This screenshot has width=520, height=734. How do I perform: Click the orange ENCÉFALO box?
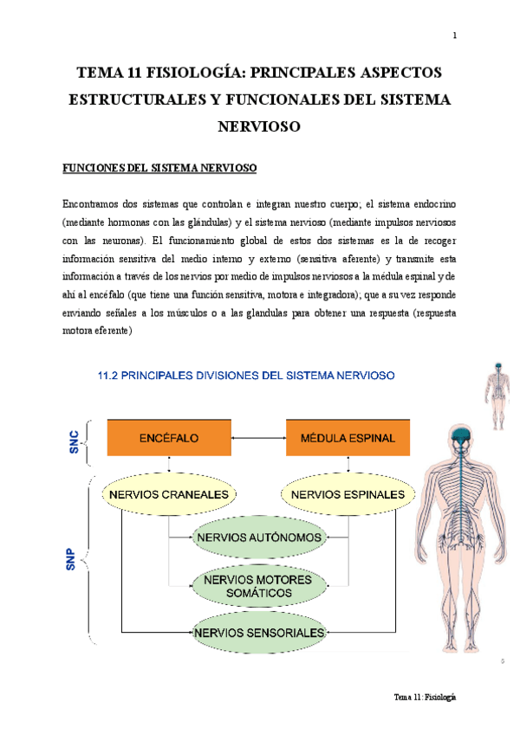[x=169, y=438]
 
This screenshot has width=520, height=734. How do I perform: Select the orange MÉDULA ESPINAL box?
[x=348, y=438]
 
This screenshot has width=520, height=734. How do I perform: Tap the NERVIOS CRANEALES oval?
[x=170, y=495]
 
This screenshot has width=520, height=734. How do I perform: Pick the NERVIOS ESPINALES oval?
[x=343, y=495]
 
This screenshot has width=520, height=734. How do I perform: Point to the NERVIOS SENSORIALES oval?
[x=259, y=633]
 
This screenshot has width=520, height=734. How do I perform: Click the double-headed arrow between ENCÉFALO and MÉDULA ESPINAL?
[x=258, y=438]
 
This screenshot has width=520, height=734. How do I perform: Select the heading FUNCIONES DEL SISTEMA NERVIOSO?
[x=159, y=166]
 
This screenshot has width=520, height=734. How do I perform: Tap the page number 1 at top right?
[x=455, y=35]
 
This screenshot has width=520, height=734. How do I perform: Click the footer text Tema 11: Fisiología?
[x=425, y=698]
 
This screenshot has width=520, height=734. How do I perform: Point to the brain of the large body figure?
[x=461, y=437]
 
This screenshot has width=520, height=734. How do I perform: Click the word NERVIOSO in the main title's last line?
[x=259, y=127]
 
